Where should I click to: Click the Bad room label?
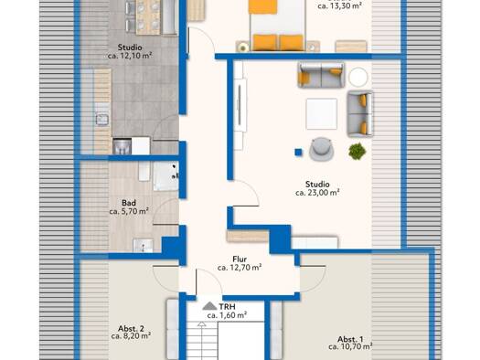coord(129,203)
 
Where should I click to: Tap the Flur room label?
coord(240,259)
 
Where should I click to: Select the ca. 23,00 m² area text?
coord(317,193)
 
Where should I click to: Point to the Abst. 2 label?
coord(131,329)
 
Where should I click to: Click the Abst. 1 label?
coord(350,339)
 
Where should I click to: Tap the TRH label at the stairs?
coord(227,306)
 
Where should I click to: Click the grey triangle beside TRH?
coord(209,306)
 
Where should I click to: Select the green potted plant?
coord(357,151)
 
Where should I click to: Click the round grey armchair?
coord(321,149)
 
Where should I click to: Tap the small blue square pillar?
coord(298,152)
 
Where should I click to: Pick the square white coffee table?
coord(322,114)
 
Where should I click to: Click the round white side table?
coord(357,77)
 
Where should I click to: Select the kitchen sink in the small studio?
coord(102,119)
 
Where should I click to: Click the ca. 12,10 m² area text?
coord(130,56)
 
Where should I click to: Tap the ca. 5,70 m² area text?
coord(129,211)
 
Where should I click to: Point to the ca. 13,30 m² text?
coord(340,5)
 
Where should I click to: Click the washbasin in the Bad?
coord(144,245)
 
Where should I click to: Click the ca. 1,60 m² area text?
coord(227,315)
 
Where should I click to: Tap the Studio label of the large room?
coord(317,185)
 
